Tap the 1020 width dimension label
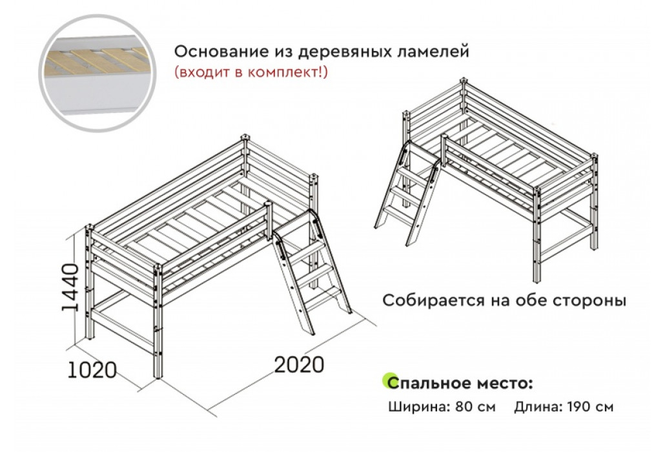pyautogui.click(x=92, y=370)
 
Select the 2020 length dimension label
pyautogui.click(x=299, y=365)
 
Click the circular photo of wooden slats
pyautogui.click(x=98, y=72)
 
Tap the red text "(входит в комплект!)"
pyautogui.click(x=251, y=72)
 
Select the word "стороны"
pyautogui.click(x=590, y=301)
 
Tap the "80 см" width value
pyautogui.click(x=475, y=407)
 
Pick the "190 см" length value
pyautogui.click(x=591, y=407)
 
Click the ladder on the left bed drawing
pyautogui.click(x=312, y=271)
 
